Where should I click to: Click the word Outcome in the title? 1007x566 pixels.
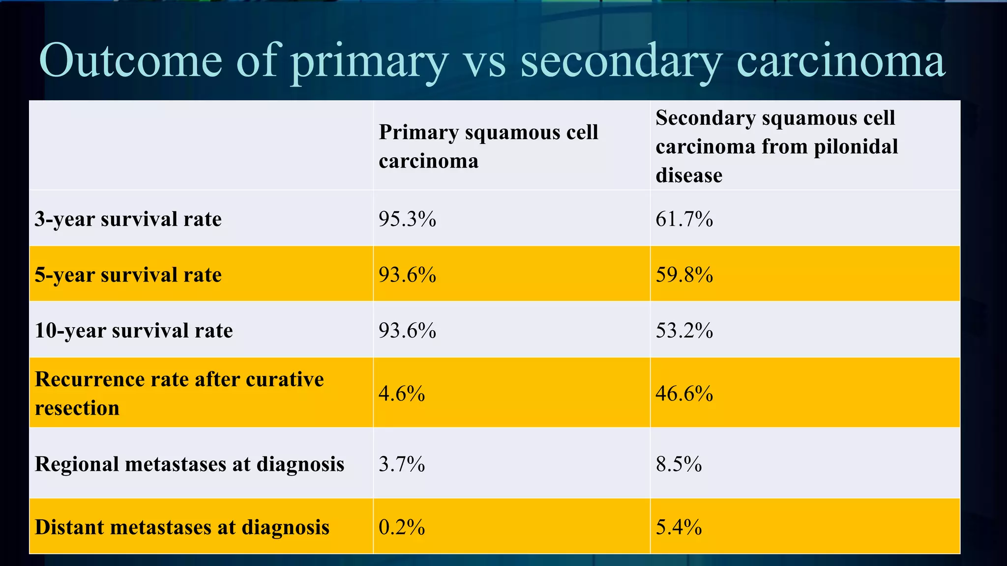click(x=130, y=61)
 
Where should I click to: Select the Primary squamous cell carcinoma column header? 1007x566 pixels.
click(x=488, y=146)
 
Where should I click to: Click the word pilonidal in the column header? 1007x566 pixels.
click(x=856, y=146)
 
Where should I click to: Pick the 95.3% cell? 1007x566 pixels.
click(x=407, y=219)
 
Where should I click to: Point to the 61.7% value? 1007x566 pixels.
click(x=684, y=219)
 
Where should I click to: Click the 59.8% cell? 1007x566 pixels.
click(x=684, y=275)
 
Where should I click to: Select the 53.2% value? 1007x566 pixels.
click(x=684, y=330)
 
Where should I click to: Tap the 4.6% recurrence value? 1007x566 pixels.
click(x=402, y=394)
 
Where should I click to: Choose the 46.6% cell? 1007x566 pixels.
click(x=684, y=394)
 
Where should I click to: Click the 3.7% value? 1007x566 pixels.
click(x=402, y=464)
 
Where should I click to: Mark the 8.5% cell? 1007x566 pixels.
click(x=679, y=464)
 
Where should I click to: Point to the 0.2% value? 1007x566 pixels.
click(x=402, y=527)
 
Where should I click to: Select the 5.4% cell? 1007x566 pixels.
click(x=679, y=527)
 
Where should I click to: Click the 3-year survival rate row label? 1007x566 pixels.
click(x=128, y=219)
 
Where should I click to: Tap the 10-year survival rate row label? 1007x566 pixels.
click(x=133, y=330)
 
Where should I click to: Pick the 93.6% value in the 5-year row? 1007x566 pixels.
click(x=407, y=275)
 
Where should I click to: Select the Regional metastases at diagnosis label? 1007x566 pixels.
click(x=189, y=464)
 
